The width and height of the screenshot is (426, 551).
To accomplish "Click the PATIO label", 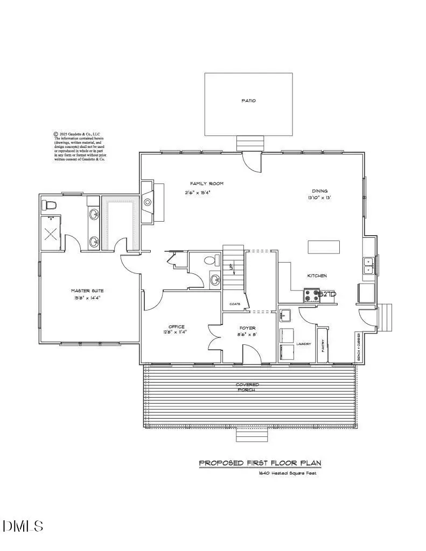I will tap(248, 101).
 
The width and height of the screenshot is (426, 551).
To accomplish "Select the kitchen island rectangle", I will tap(324, 247).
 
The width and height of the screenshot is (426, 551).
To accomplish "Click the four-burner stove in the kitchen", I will tap(311, 295).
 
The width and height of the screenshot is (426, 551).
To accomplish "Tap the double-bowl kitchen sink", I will tap(368, 266).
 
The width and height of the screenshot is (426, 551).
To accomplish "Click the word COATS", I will tap(234, 304).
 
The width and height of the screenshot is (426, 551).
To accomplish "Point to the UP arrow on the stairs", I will tap(232, 267).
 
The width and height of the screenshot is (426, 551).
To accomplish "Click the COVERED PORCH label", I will tap(247, 387).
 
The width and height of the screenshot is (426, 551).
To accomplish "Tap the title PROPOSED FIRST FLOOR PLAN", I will tap(260, 463).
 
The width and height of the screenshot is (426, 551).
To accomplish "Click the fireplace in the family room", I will tap(148, 202).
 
